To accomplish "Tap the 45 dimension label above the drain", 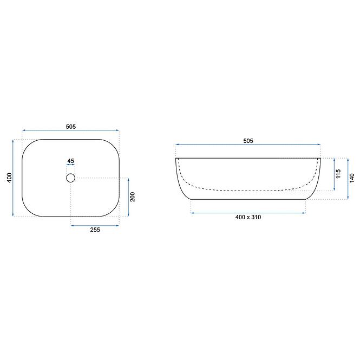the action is (x=71, y=161).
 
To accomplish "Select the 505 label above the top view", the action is (x=71, y=127).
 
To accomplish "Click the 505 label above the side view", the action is (x=248, y=141).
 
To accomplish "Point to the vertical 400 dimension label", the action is (x=9, y=178).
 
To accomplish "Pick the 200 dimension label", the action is (x=133, y=197).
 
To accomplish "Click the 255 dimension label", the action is (x=95, y=230).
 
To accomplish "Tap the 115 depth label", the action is (x=338, y=174).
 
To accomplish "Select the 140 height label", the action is (x=352, y=178).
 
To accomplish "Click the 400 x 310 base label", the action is (x=248, y=217).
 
